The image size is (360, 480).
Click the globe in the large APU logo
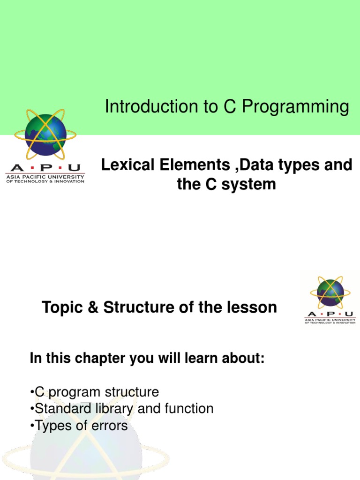coord(45,135)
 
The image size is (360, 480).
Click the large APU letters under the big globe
coord(45,168)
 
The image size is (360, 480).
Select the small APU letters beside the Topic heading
coord(330,314)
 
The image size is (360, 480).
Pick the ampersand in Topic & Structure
coord(94,308)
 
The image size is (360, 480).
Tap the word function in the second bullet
coord(188,409)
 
